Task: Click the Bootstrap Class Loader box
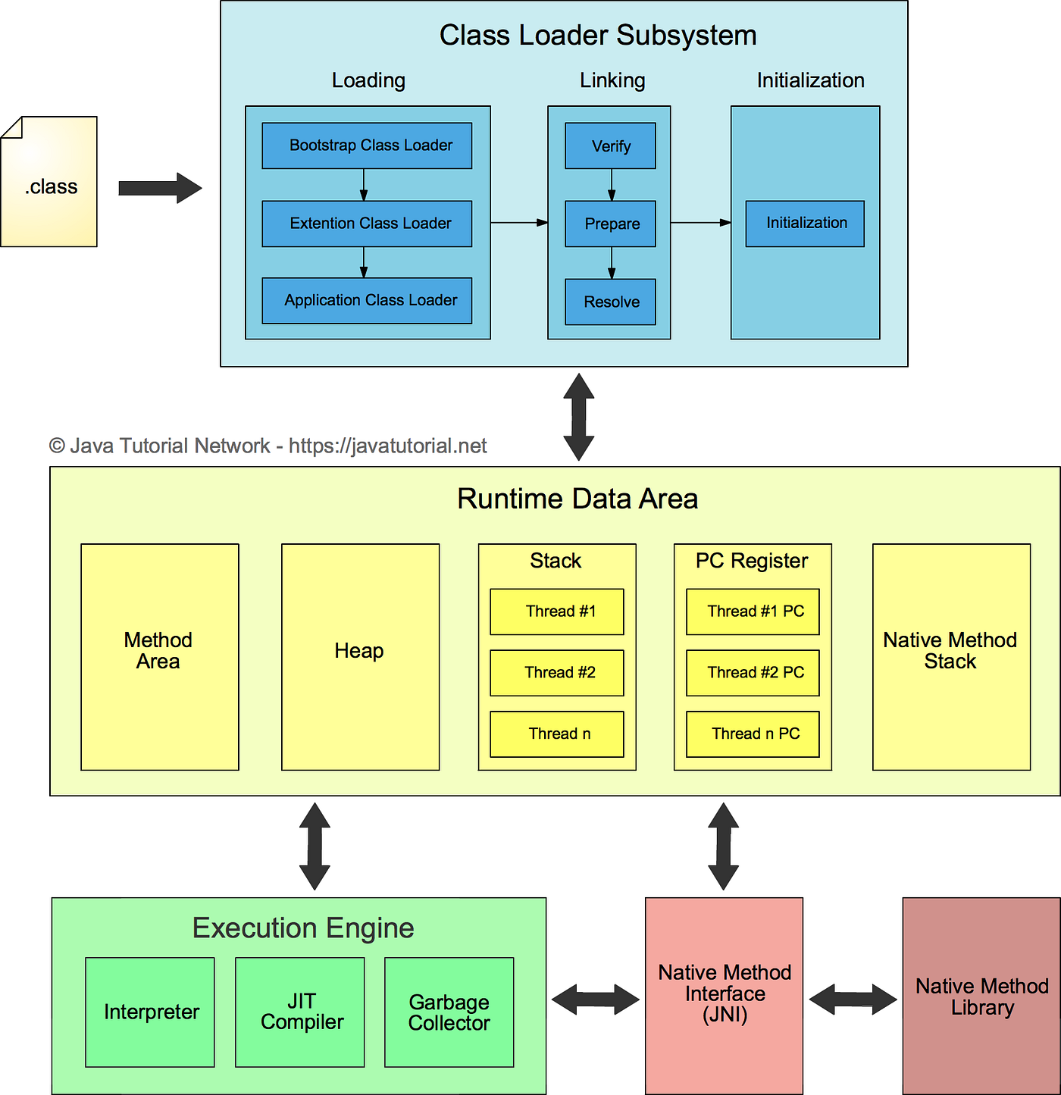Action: pos(367,145)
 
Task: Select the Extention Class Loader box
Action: pos(367,224)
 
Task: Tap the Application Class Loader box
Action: pos(367,301)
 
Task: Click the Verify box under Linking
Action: pos(610,145)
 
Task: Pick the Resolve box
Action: pos(610,302)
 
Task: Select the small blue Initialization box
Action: pos(805,224)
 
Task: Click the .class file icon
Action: pos(49,181)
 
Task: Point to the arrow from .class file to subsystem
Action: pos(160,188)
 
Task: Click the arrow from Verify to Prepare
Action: pos(612,185)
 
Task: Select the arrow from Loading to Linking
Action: pos(519,223)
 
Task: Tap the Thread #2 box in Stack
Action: pos(557,673)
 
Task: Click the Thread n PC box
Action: pos(753,734)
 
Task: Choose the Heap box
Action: pos(360,657)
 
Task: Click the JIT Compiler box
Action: pos(299,1012)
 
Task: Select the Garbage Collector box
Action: pos(449,1012)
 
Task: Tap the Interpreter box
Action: pos(150,1012)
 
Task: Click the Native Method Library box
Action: pos(981,996)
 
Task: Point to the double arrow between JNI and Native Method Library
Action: pos(853,1000)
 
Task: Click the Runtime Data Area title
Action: pos(577,499)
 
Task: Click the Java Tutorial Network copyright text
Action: pos(268,446)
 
